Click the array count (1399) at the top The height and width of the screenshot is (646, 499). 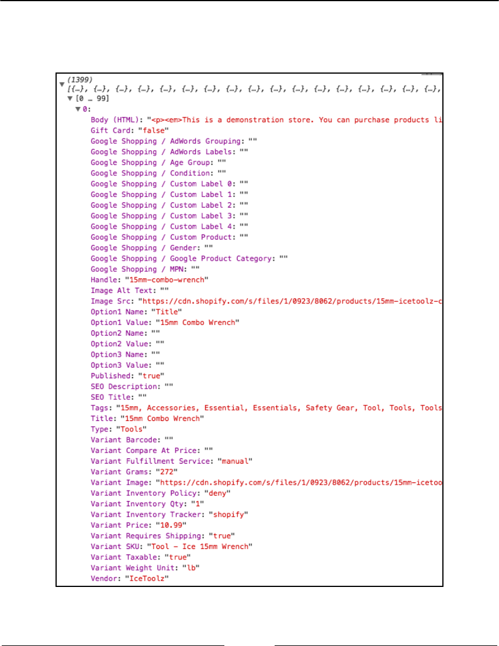(x=80, y=79)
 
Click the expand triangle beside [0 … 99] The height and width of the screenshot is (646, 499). (x=70, y=99)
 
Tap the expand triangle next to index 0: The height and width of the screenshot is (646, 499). (x=77, y=109)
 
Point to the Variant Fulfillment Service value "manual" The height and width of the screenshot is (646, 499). (x=234, y=461)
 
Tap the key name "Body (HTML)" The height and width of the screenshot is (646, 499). (x=113, y=120)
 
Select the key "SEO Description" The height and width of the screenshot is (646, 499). (x=124, y=386)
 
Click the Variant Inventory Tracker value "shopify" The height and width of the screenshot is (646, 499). (x=231, y=514)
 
